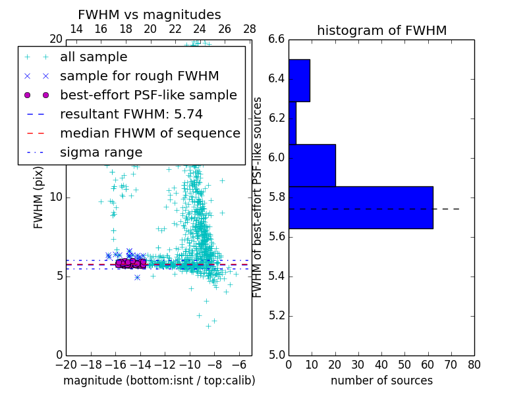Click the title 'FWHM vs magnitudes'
pyautogui.click(x=150, y=14)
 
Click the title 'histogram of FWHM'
pyautogui.click(x=381, y=30)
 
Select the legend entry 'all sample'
pyautogui.click(x=94, y=57)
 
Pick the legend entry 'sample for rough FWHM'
pyautogui.click(x=139, y=76)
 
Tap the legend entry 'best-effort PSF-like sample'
pyautogui.click(x=148, y=95)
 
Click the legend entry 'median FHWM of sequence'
pyautogui.click(x=150, y=134)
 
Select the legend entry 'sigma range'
pyautogui.click(x=101, y=153)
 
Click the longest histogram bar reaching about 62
pyautogui.click(x=360, y=207)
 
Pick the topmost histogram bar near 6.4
pyautogui.click(x=299, y=80)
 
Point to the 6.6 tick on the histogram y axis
pyautogui.click(x=276, y=39)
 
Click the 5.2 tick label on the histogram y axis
pyautogui.click(x=276, y=315)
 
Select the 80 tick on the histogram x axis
pyautogui.click(x=474, y=363)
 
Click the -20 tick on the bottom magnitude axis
pyautogui.click(x=66, y=363)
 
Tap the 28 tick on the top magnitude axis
pyautogui.click(x=250, y=30)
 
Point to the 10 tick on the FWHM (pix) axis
pyautogui.click(x=56, y=197)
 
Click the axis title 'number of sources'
pyautogui.click(x=381, y=381)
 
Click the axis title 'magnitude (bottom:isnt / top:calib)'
pyautogui.click(x=159, y=381)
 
